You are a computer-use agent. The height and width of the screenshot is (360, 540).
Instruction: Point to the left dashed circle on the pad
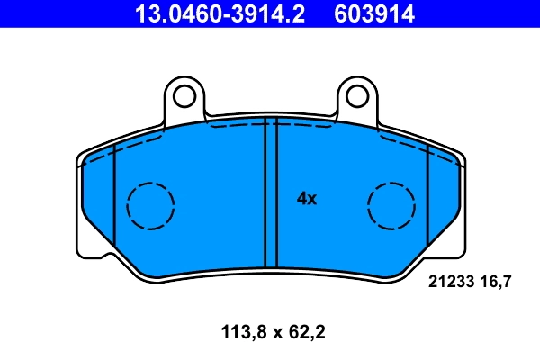pyautogui.click(x=149, y=205)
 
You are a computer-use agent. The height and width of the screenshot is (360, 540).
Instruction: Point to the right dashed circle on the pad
pyautogui.click(x=392, y=205)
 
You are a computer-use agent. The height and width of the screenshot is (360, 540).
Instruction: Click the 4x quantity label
pyautogui.click(x=307, y=199)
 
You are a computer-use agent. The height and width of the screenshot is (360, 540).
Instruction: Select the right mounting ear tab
pyautogui.click(x=355, y=99)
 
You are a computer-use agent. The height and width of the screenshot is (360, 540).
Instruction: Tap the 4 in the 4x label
pyautogui.click(x=301, y=199)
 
